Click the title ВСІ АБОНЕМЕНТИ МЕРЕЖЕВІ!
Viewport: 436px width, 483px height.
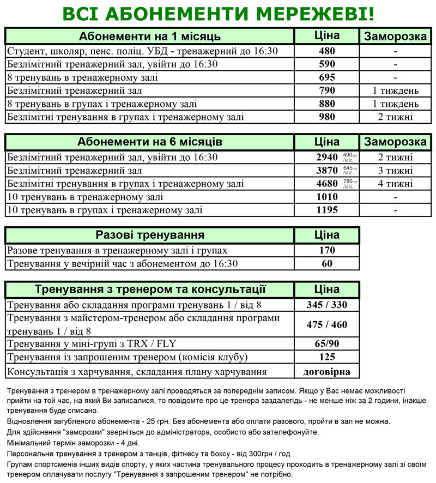tap(218, 14)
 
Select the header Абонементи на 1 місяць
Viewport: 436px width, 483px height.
tap(150, 37)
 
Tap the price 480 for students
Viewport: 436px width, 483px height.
tap(326, 51)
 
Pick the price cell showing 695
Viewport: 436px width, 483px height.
tap(326, 77)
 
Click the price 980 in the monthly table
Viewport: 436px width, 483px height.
tap(326, 117)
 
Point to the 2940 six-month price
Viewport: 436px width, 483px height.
tap(324, 158)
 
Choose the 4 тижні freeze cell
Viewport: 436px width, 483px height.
tap(395, 184)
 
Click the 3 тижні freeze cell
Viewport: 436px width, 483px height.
tap(395, 171)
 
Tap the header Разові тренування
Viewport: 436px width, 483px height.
tap(150, 236)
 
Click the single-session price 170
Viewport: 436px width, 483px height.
tap(326, 251)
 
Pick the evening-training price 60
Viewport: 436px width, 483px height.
tap(326, 264)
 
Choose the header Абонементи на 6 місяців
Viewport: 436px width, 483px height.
tap(150, 142)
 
